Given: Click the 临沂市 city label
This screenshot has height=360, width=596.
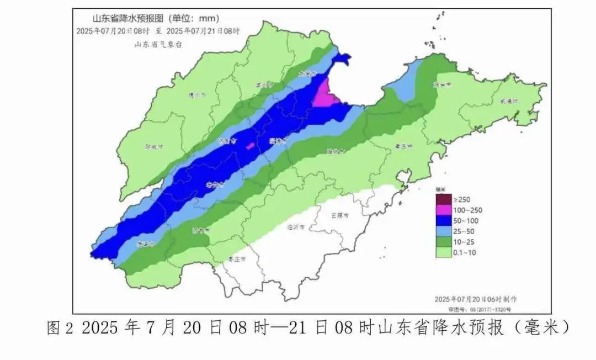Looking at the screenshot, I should [296, 226].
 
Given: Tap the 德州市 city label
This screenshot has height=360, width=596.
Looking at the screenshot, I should [197, 95].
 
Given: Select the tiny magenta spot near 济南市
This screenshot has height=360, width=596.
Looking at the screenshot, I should [250, 146].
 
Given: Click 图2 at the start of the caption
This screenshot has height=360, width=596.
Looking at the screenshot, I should [60, 329].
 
